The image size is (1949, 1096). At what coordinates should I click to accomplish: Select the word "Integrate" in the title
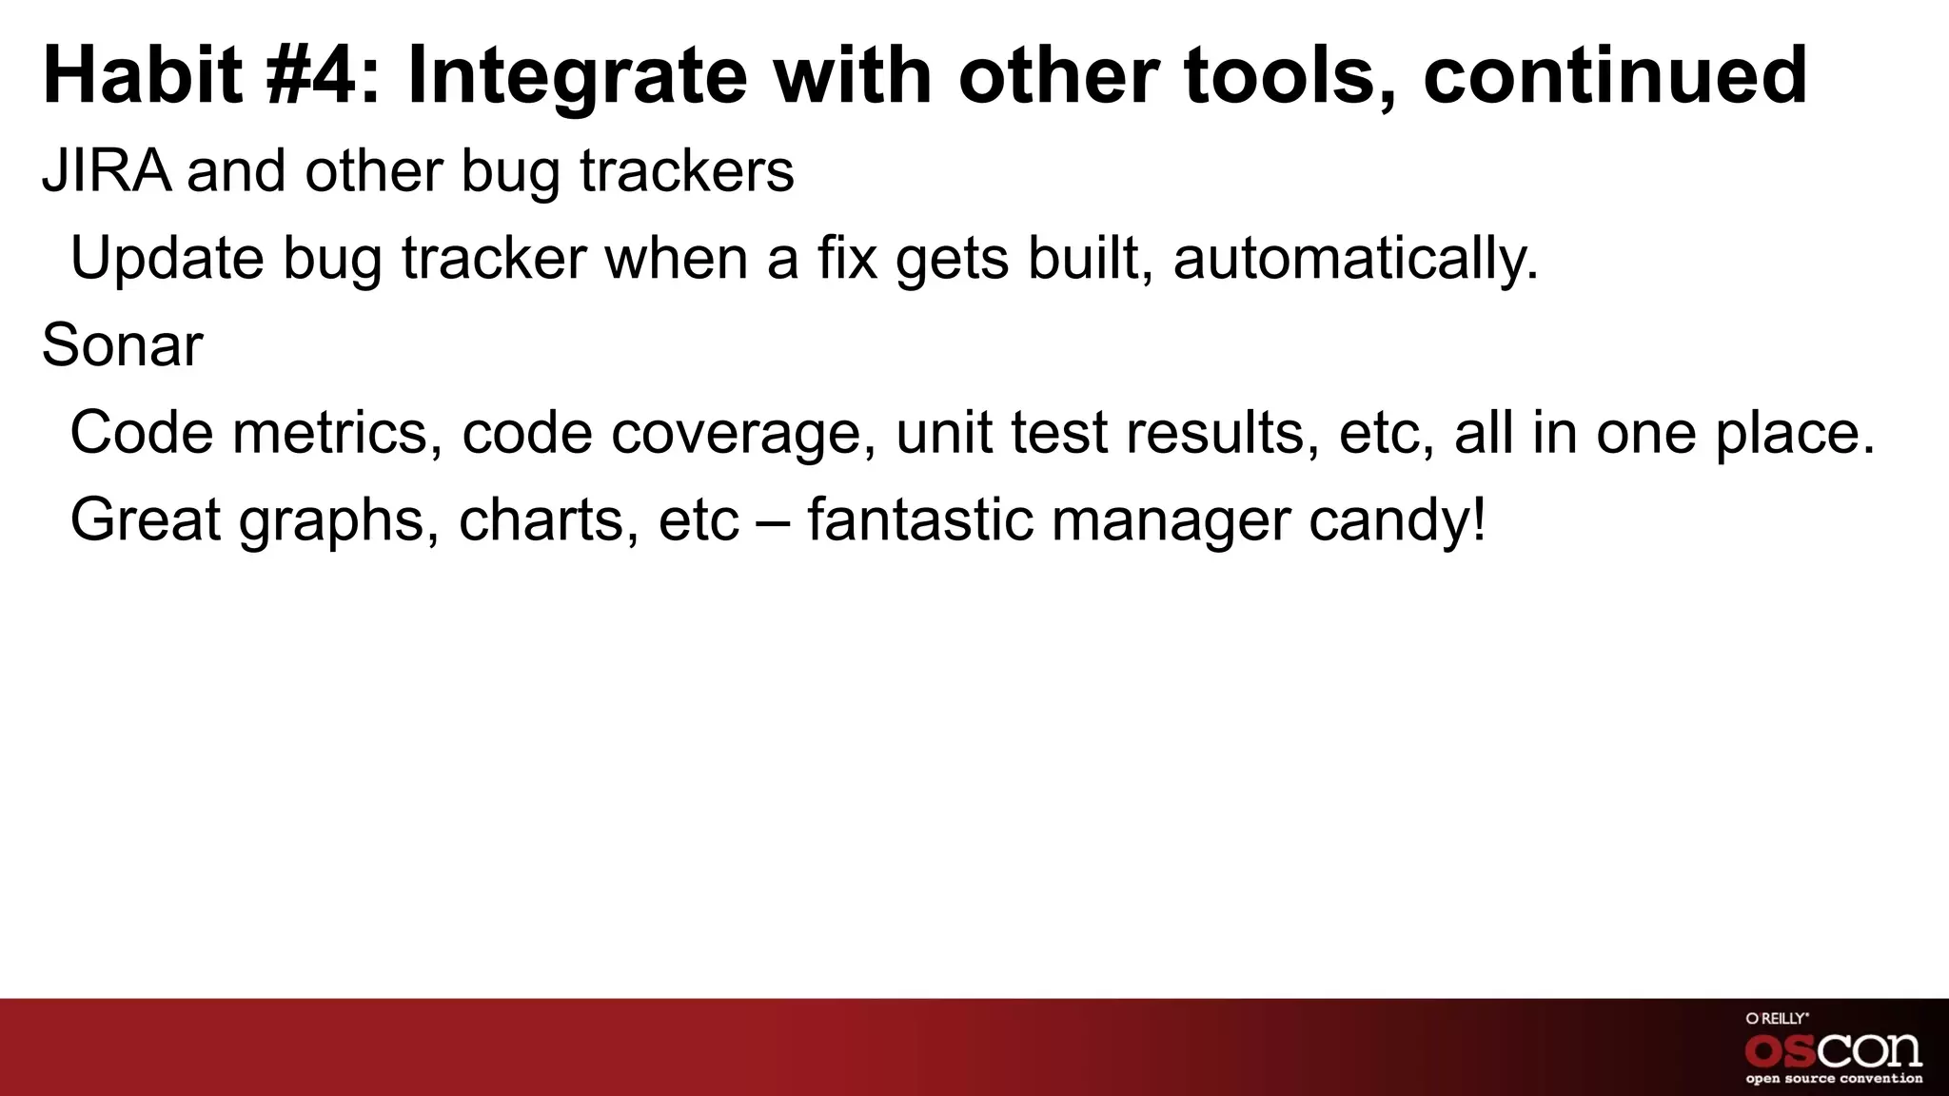point(577,76)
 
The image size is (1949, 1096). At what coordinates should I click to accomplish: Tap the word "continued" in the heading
point(1614,76)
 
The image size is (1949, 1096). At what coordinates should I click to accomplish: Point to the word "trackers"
point(686,171)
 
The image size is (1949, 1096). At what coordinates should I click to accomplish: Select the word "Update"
point(167,259)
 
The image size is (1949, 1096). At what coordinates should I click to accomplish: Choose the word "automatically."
point(1355,259)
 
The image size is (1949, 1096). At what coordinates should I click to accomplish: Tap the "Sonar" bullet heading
point(122,345)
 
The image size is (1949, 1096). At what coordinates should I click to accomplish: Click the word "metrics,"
point(337,433)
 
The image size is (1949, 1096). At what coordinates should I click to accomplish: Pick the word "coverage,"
point(743,433)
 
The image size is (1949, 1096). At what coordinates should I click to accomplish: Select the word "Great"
point(145,520)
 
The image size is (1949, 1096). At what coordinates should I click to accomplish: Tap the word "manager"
point(1170,520)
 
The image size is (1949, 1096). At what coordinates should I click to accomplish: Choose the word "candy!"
point(1396,520)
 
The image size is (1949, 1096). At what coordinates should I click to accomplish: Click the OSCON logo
point(1833,1050)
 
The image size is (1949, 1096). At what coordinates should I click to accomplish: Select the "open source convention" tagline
point(1833,1079)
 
